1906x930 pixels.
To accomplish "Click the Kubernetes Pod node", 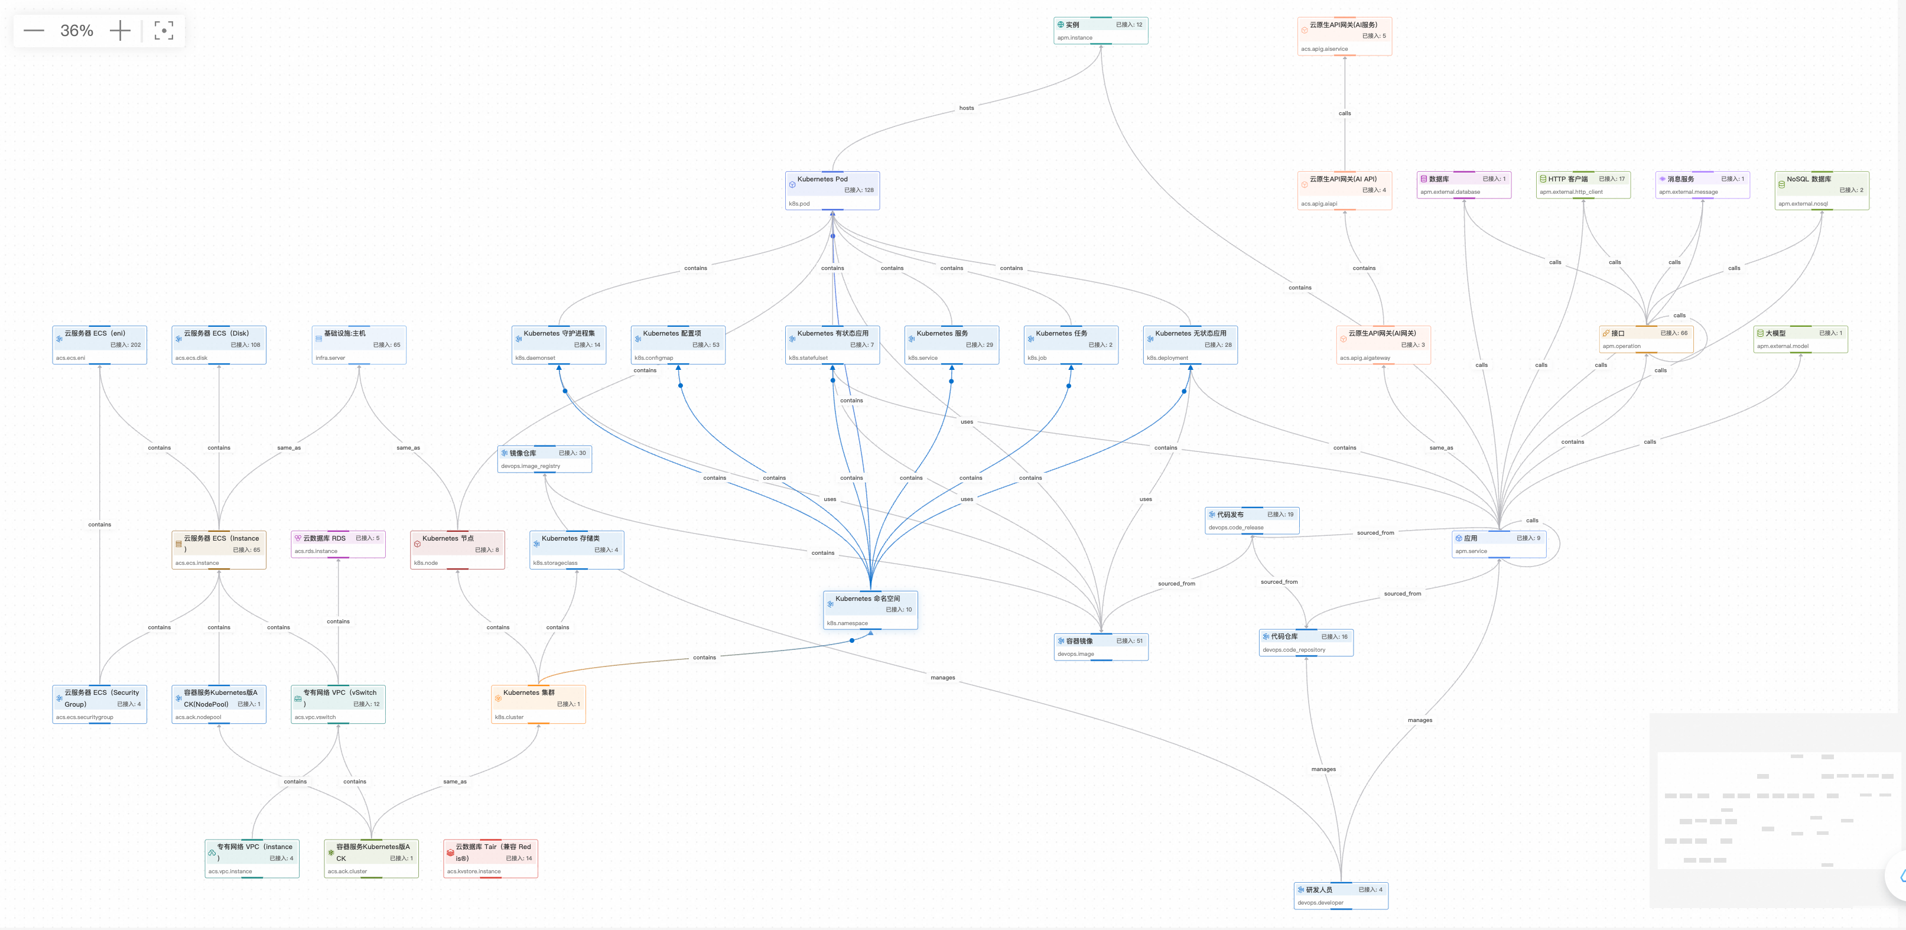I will pos(832,190).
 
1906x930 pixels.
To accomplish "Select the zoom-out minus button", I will pos(34,30).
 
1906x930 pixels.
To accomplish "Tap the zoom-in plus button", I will pos(120,30).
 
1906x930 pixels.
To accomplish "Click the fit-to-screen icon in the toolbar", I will pos(164,30).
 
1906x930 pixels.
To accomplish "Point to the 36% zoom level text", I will pos(76,30).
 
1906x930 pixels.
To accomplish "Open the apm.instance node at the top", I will pos(1100,30).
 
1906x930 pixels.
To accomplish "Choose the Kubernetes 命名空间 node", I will pos(870,610).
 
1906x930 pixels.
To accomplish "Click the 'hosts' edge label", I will pos(967,108).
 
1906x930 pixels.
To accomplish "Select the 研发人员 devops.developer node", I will pos(1340,895).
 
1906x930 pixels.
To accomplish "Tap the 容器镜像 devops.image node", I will pos(1100,646).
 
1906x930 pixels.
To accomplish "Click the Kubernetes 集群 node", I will pos(538,704).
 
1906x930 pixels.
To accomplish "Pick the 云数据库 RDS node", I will pos(338,544).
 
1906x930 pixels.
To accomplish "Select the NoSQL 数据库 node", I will pos(1821,190).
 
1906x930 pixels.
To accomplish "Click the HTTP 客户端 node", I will pos(1583,184).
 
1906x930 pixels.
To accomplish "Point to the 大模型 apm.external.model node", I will pos(1800,339).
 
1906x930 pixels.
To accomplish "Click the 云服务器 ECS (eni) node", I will pos(99,345).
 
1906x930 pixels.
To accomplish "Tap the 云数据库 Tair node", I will pos(490,859).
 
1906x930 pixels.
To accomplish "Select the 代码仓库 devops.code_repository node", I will pos(1306,642).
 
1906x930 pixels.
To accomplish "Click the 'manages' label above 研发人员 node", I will pos(1323,769).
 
